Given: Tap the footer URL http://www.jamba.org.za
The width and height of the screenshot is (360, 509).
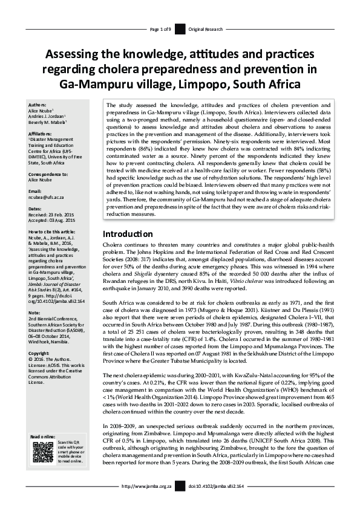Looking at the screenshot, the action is point(147,502).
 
